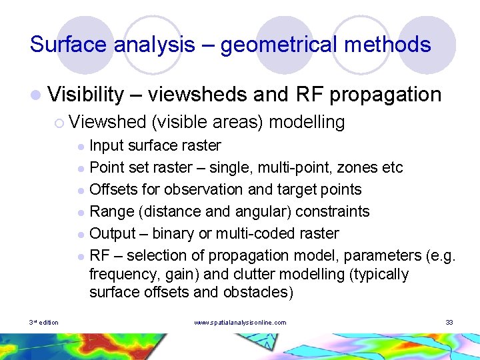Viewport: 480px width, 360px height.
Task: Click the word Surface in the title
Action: coord(69,45)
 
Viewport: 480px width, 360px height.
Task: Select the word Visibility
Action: coord(86,95)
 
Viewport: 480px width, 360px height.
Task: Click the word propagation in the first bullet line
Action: coord(385,95)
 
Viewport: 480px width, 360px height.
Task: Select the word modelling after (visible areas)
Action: coord(307,122)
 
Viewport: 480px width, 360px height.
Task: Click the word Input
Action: coord(105,145)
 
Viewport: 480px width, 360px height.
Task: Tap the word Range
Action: coord(108,211)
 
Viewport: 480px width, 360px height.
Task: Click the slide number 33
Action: coord(449,323)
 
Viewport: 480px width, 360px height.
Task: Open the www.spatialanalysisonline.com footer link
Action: coord(240,323)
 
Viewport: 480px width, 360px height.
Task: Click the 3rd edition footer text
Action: coord(44,323)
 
